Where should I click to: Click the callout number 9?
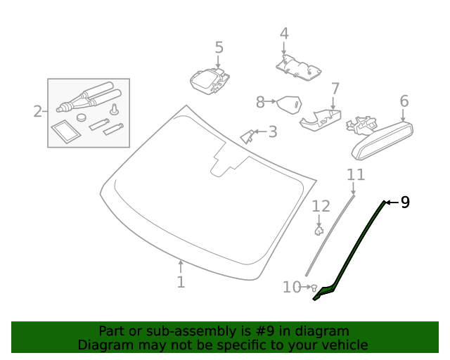[x=405, y=202]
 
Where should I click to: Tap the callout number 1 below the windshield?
[x=181, y=282]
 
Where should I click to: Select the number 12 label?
[x=321, y=206]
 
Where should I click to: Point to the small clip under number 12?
[x=319, y=231]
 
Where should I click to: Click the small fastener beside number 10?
[x=314, y=288]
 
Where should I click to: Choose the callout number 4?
[x=284, y=34]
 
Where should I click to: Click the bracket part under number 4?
[x=298, y=67]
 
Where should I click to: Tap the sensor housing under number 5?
[x=210, y=82]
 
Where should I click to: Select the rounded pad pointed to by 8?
[x=289, y=105]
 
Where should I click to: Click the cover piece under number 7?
[x=321, y=120]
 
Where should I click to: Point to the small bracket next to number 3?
[x=247, y=136]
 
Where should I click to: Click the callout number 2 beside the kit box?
[x=37, y=111]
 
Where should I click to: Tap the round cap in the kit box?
[x=82, y=117]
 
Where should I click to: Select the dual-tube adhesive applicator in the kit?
[x=89, y=97]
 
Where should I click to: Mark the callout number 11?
[x=356, y=174]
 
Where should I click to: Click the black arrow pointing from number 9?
[x=392, y=202]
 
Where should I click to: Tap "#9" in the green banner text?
[x=264, y=331]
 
